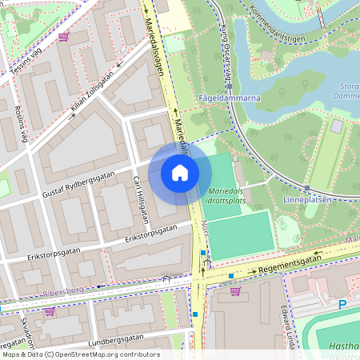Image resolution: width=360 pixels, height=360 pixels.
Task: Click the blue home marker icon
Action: pyautogui.click(x=180, y=173)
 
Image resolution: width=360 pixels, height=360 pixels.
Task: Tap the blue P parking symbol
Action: pyautogui.click(x=342, y=305)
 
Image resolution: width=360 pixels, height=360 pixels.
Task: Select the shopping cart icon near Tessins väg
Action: pyautogui.click(x=63, y=37)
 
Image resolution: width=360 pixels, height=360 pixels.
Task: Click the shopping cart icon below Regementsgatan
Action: pyautogui.click(x=234, y=290)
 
